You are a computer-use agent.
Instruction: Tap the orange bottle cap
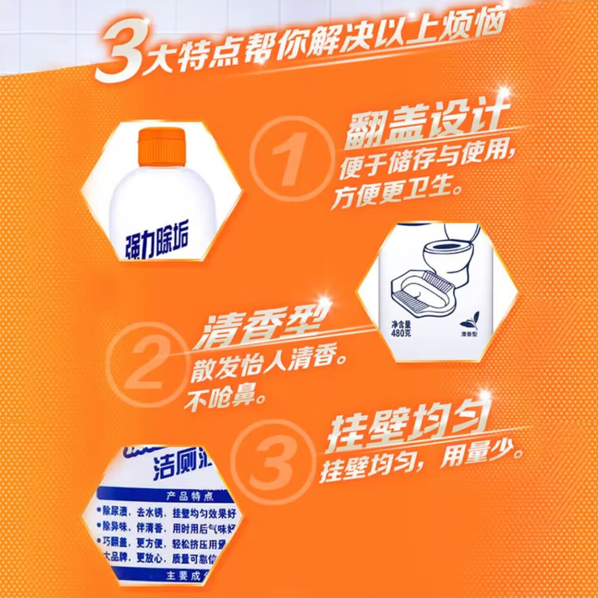tap(161, 147)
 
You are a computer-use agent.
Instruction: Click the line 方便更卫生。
tap(396, 192)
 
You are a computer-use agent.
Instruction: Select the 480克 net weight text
tap(401, 332)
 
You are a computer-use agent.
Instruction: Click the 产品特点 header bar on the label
tap(190, 496)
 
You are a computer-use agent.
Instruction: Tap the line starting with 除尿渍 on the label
tap(166, 513)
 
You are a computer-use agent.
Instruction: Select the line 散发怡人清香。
tap(268, 368)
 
